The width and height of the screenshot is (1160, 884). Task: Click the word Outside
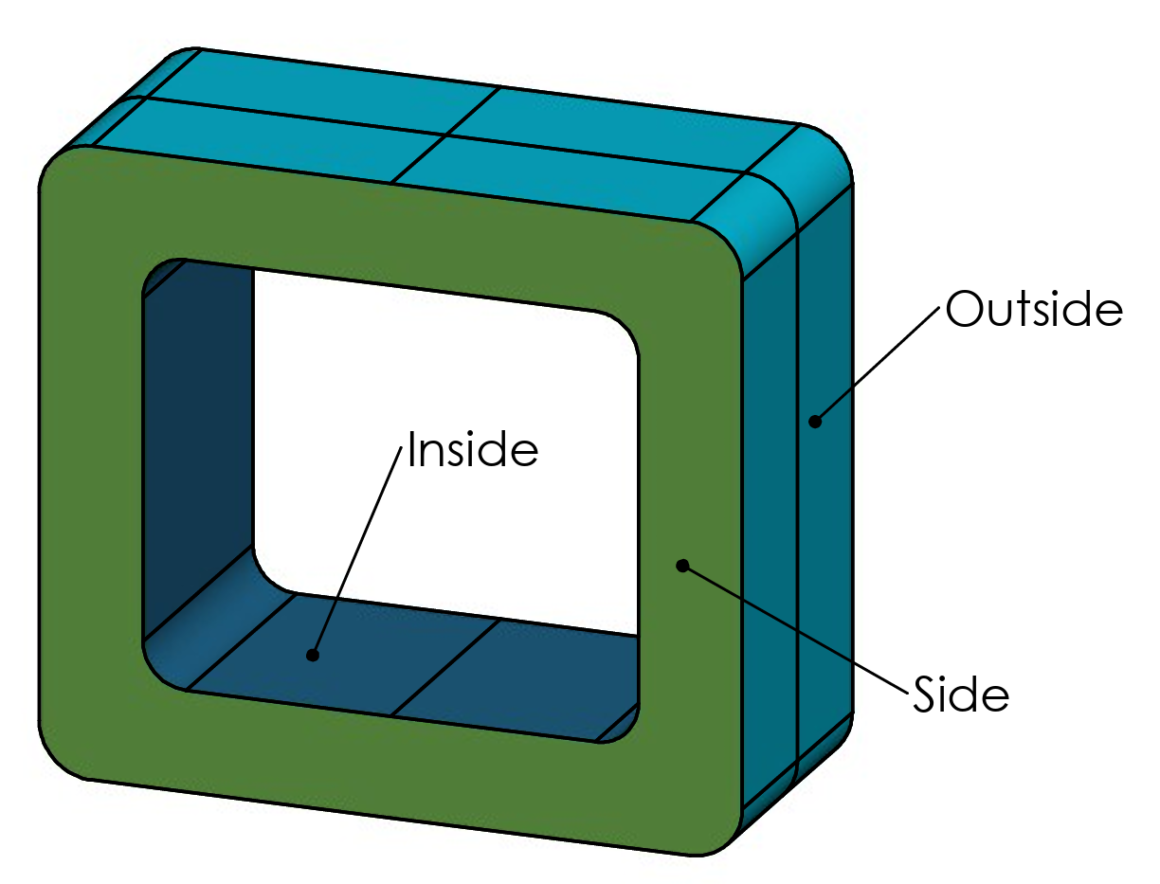click(1034, 310)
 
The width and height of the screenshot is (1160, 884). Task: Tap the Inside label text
click(472, 450)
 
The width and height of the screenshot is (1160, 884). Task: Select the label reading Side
click(961, 695)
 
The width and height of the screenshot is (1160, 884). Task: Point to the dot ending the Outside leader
click(813, 422)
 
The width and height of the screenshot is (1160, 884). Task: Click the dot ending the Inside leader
click(312, 655)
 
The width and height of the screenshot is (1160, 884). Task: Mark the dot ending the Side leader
click(680, 566)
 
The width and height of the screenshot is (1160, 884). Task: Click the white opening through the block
click(445, 426)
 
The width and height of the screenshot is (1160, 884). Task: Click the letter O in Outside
click(965, 311)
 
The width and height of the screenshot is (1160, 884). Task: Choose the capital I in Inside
click(412, 451)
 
